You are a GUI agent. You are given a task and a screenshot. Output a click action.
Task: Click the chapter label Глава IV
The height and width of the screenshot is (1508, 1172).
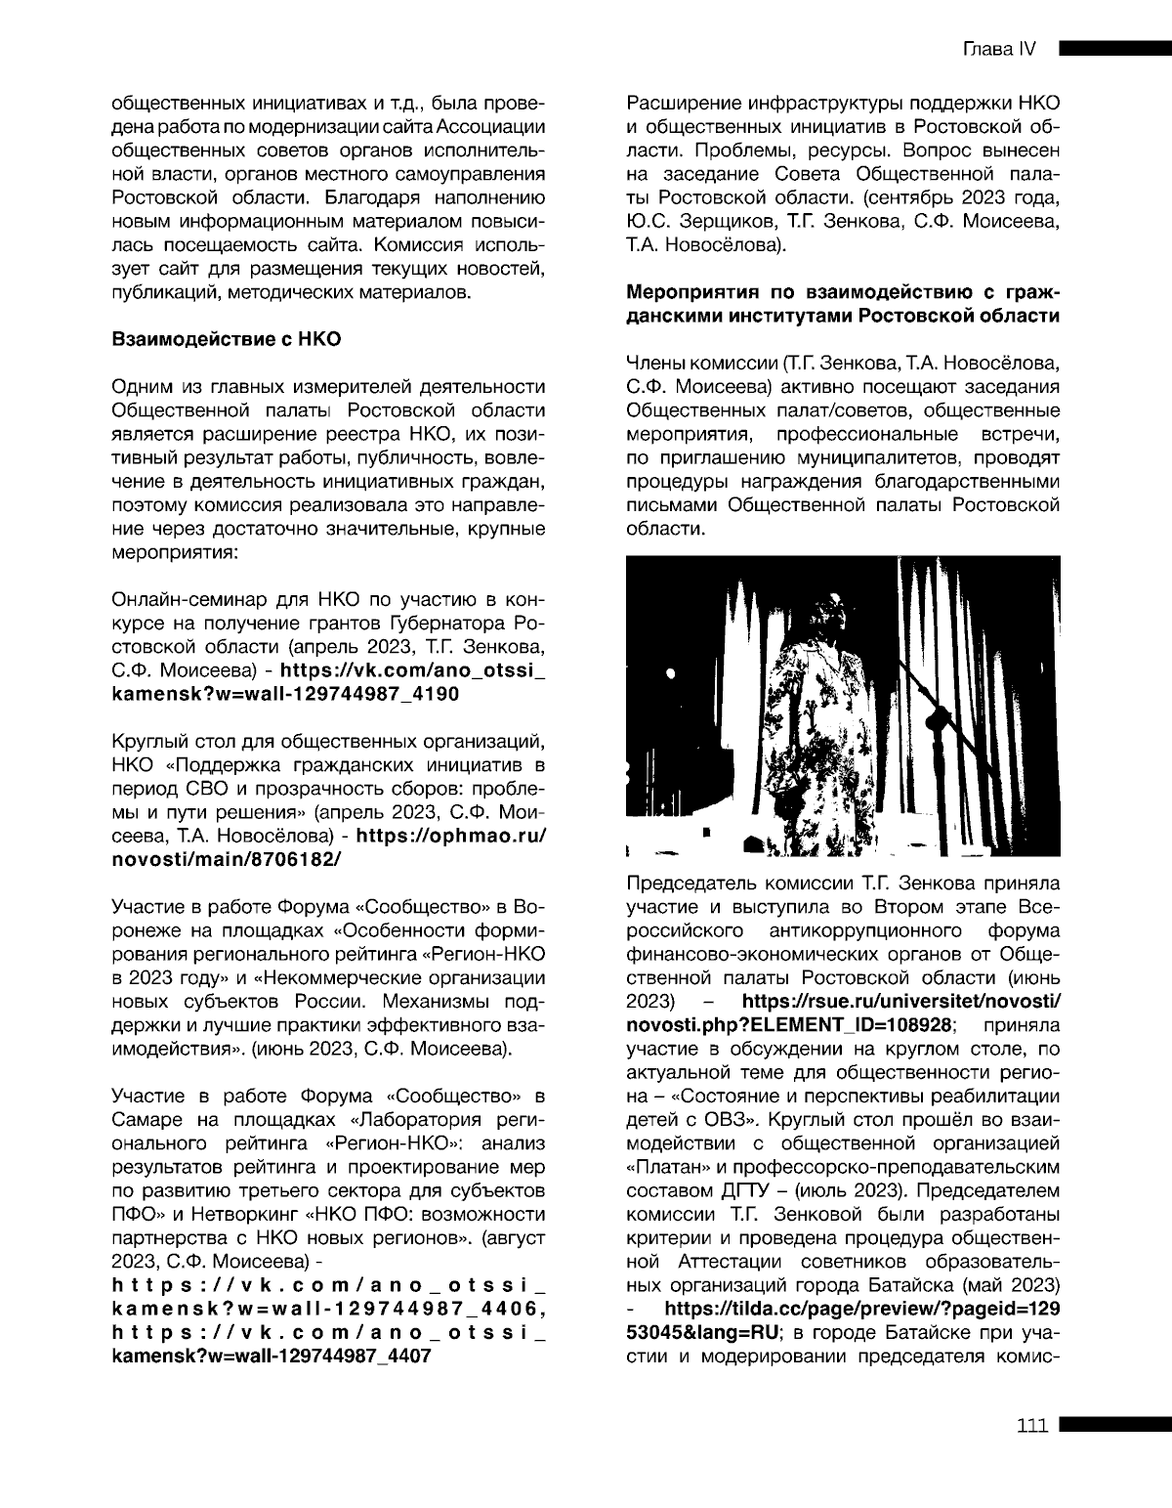click(998, 50)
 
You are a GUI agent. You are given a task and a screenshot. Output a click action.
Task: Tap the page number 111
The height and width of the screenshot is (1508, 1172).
click(1031, 1425)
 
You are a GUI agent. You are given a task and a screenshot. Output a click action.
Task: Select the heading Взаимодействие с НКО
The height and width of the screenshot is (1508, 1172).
click(227, 340)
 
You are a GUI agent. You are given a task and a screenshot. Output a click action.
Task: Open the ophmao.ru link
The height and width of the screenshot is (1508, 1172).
click(449, 836)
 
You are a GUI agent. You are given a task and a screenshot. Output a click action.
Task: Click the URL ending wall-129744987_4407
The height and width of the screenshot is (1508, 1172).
click(272, 1357)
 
